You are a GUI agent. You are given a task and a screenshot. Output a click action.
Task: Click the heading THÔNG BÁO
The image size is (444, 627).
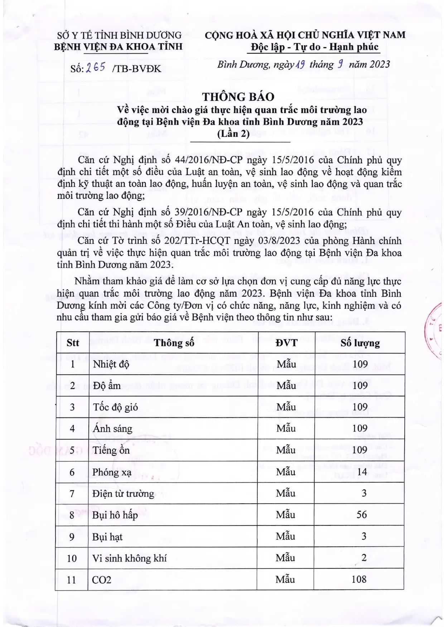coord(238,97)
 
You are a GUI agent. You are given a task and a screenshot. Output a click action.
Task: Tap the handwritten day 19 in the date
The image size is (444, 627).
coord(300,64)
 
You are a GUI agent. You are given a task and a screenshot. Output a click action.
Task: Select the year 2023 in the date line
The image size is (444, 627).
coord(379,64)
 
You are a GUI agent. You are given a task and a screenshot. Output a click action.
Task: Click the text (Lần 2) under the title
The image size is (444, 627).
coord(233,134)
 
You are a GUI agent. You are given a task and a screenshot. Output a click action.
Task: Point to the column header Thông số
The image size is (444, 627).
coord(174,343)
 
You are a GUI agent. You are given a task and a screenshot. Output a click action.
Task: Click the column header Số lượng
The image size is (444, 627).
coord(360,343)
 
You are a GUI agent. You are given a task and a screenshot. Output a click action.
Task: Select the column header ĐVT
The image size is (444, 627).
coord(286,343)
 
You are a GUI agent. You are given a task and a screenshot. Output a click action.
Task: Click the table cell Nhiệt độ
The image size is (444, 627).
coord(111,364)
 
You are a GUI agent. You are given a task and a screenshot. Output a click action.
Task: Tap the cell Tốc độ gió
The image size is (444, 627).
coord(115,407)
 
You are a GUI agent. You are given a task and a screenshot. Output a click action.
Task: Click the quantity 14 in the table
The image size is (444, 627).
coord(362,472)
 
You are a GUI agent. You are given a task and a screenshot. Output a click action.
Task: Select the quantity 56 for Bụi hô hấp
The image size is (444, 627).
coord(361,515)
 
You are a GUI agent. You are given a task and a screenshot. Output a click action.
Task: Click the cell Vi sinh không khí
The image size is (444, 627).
coord(129,558)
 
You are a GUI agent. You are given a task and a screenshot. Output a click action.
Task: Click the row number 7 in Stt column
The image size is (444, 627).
coord(72,494)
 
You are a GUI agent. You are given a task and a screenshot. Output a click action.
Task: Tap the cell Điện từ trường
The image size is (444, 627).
coord(123,494)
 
